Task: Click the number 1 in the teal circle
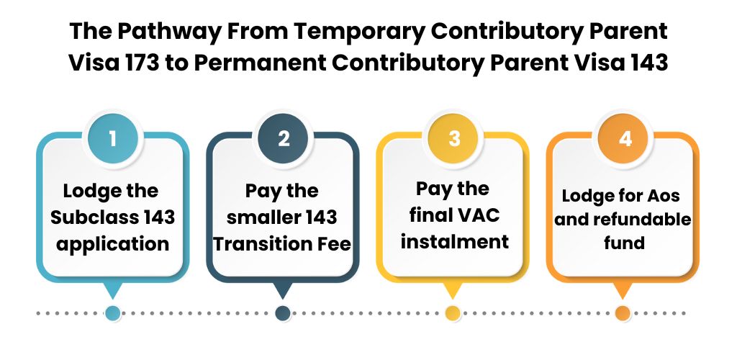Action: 113,138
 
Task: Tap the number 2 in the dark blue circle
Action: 284,138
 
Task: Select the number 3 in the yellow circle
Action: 453,138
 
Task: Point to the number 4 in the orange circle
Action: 624,138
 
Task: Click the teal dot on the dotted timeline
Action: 113,313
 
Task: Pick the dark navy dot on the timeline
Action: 283,313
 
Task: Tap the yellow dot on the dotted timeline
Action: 453,313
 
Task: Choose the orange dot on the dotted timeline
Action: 623,313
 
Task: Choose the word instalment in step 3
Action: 454,240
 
